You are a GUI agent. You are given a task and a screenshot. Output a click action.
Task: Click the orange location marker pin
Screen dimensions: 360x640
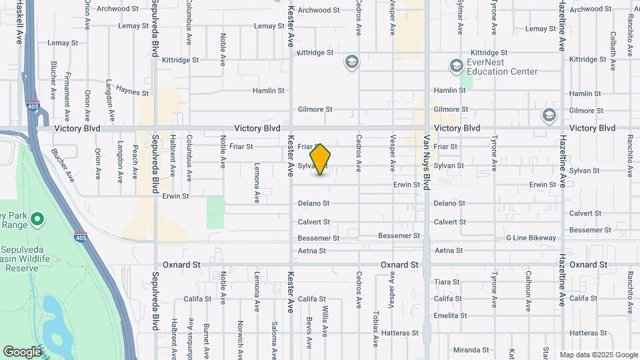[321, 159]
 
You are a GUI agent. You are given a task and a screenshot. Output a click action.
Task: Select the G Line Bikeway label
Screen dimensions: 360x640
[531, 238]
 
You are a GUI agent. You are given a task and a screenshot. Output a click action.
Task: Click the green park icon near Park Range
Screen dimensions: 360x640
[37, 219]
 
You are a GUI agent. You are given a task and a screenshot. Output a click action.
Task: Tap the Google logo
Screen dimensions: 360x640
[22, 351]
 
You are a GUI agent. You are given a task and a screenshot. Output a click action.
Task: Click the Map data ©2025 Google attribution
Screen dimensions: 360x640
[599, 355]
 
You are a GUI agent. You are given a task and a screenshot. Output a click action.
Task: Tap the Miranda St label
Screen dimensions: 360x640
[471, 350]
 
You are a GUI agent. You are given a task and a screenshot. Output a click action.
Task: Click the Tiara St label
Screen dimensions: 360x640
[447, 282]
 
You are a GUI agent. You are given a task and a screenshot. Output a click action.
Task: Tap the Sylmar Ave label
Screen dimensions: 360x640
[459, 18]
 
